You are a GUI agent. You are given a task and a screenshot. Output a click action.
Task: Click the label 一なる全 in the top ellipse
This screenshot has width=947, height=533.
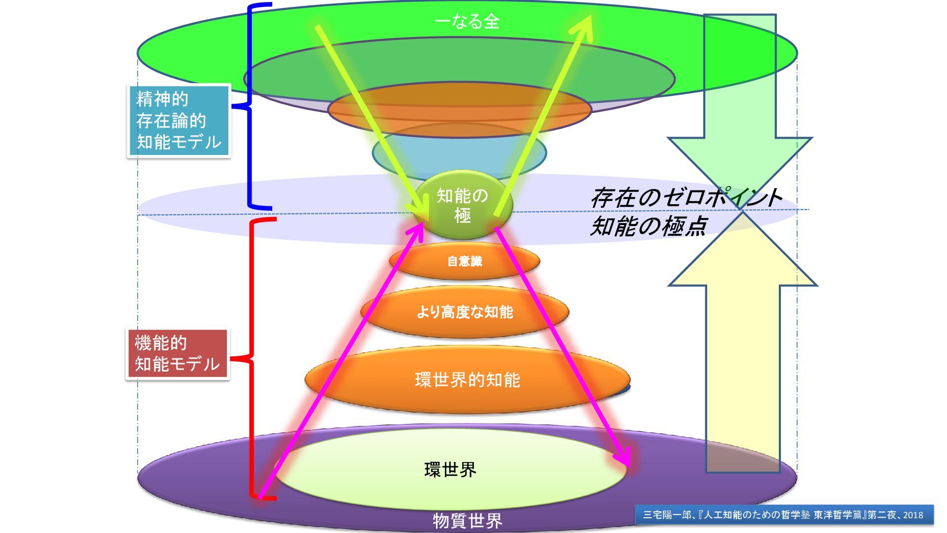pos(467,22)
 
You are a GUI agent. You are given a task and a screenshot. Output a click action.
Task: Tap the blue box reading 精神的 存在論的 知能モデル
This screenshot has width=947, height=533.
pos(179,121)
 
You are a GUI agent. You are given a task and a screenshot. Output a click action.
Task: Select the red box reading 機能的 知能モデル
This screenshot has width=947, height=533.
pos(177,354)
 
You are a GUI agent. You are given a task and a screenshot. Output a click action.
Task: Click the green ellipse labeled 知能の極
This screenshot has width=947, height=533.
pos(462,205)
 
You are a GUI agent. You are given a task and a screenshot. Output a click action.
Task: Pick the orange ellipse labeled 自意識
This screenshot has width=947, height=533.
pos(464,261)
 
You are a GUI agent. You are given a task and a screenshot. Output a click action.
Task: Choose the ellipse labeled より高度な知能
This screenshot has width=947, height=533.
pos(465,312)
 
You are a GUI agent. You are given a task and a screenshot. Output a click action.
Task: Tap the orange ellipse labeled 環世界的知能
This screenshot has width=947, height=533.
pos(467,380)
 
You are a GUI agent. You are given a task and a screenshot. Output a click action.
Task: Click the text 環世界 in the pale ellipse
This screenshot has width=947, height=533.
pos(450,469)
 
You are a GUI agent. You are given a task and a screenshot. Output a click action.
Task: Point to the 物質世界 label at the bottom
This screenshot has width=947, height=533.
pos(467,521)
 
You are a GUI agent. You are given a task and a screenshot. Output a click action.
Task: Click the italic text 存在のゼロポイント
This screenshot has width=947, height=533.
pos(686,197)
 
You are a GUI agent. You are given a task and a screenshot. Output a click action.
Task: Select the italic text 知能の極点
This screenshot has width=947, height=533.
pos(649,226)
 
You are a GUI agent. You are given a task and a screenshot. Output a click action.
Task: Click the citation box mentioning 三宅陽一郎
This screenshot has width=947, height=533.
pos(784,515)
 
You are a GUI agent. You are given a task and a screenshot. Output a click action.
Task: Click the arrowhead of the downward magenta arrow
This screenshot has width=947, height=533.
pos(624,457)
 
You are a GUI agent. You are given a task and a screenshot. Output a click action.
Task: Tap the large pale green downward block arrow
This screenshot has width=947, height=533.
pos(740,99)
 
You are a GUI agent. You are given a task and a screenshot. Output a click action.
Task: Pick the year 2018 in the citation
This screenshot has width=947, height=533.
pos(913,515)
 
